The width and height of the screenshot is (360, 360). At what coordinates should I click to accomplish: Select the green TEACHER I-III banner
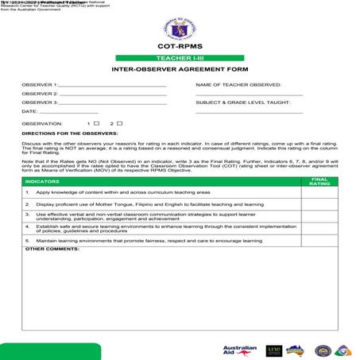point(180,58)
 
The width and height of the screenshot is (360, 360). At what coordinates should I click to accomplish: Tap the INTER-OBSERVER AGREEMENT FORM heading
point(180,69)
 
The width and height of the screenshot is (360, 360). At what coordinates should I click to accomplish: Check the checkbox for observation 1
point(97,123)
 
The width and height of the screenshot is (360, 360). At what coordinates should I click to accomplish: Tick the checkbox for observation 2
point(119,123)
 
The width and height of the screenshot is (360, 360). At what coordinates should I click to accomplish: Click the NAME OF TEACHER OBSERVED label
point(239,83)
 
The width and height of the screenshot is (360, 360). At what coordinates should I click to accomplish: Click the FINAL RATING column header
point(319,182)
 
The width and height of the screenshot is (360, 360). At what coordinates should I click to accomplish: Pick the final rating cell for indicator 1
point(319,192)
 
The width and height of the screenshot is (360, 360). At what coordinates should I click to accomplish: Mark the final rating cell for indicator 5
point(319,239)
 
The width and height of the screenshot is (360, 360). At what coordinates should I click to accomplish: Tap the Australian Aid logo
point(240,350)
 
